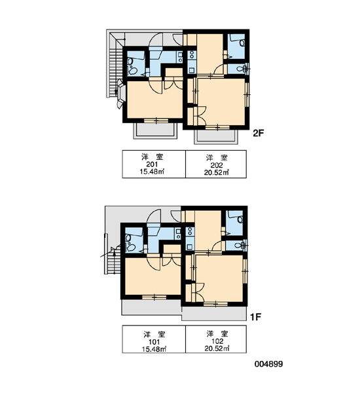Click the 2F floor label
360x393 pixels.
point(259,133)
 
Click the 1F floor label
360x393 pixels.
point(256,317)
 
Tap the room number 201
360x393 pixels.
point(152,164)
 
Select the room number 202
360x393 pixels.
point(217,165)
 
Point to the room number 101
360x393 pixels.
point(154,342)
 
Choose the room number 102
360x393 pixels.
point(217,341)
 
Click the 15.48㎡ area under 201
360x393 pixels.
point(152,172)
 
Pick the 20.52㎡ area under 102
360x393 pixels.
point(217,348)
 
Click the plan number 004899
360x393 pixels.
point(269,364)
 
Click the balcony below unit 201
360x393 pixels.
point(155,130)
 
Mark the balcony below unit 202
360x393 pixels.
point(216,137)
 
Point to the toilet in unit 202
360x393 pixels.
point(241,68)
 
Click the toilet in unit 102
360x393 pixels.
point(240,245)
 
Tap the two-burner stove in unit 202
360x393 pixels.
point(192,54)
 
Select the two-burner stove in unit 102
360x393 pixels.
point(190,231)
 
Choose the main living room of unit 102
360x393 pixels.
point(219,278)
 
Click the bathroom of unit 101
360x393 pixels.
point(134,240)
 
